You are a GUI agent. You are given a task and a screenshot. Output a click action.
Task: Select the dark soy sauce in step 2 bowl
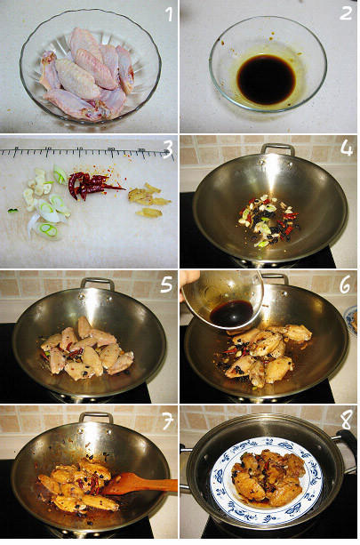[x=266, y=79]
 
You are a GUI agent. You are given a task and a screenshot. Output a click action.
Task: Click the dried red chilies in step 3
[x=93, y=185]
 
